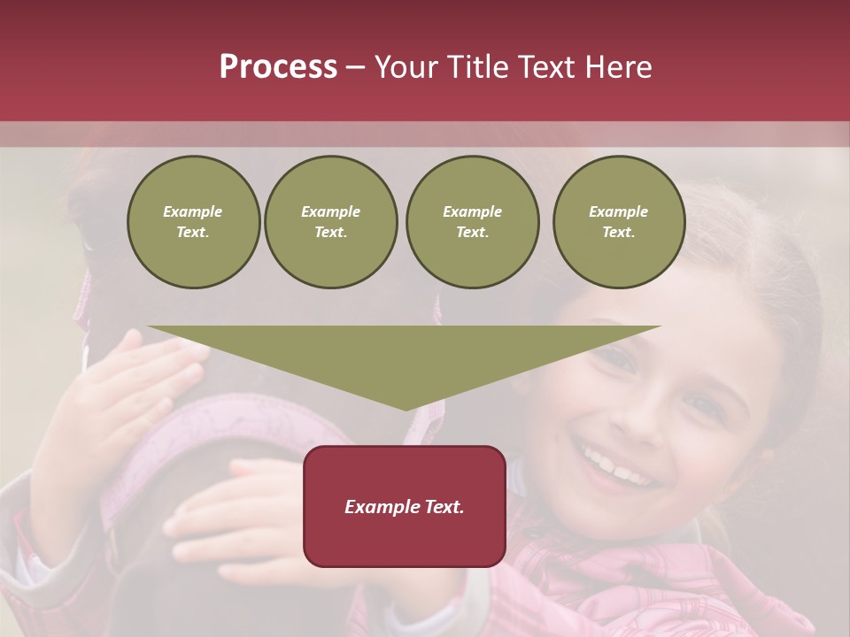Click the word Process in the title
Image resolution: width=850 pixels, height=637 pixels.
[278, 67]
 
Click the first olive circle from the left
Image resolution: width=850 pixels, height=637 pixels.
[194, 222]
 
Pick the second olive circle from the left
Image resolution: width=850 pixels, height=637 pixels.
[331, 222]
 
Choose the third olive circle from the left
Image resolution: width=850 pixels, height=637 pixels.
[473, 222]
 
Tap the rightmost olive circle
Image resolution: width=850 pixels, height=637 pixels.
[619, 222]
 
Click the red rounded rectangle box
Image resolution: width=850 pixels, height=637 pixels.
[405, 506]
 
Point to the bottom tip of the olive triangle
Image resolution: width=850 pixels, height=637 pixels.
[406, 408]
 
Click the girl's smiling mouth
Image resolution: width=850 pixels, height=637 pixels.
[620, 466]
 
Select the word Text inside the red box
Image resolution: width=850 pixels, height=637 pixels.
[439, 507]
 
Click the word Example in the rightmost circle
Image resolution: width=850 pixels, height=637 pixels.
[618, 211]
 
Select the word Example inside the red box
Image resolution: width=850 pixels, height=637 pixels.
[378, 507]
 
